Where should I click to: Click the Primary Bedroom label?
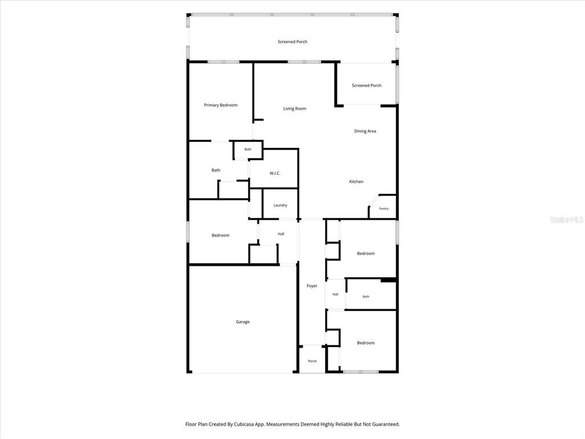pyautogui.click(x=221, y=105)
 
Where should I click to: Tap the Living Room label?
pyautogui.click(x=294, y=109)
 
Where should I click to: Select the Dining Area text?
pyautogui.click(x=365, y=131)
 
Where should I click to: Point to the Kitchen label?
pyautogui.click(x=356, y=181)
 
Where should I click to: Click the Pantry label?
pyautogui.click(x=383, y=209)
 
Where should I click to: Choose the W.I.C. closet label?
pyautogui.click(x=275, y=173)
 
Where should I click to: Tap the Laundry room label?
pyautogui.click(x=280, y=205)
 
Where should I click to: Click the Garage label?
pyautogui.click(x=242, y=322)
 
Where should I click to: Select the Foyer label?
pyautogui.click(x=312, y=286)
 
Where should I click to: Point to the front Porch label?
pyautogui.click(x=312, y=361)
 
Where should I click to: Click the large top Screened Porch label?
pyautogui.click(x=292, y=42)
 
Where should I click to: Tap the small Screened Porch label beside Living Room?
pyautogui.click(x=366, y=86)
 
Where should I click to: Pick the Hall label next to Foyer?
pyautogui.click(x=335, y=294)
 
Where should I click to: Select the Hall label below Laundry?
pyautogui.click(x=281, y=234)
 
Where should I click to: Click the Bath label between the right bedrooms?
pyautogui.click(x=366, y=297)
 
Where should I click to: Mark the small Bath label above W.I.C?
pyautogui.click(x=248, y=149)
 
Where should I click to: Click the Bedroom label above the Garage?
pyautogui.click(x=220, y=236)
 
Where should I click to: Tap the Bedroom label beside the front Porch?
pyautogui.click(x=366, y=343)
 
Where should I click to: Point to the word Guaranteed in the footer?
pyautogui.click(x=386, y=424)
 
